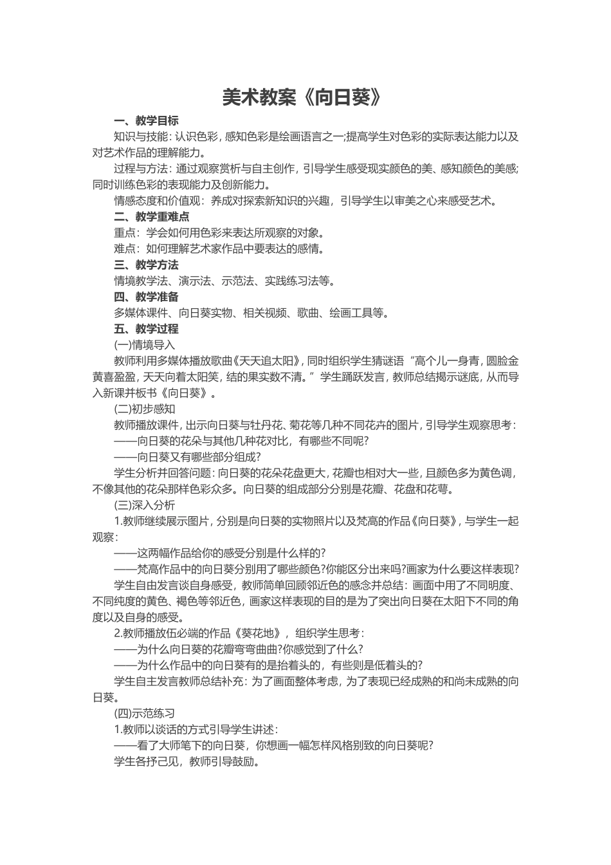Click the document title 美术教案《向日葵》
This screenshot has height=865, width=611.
click(305, 97)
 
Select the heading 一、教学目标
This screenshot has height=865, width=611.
click(146, 120)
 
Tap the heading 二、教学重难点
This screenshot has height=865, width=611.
click(151, 217)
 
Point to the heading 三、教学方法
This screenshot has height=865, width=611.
click(146, 265)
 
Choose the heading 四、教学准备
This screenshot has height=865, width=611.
click(146, 297)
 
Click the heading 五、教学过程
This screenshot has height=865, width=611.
click(146, 329)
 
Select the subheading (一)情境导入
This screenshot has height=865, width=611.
click(144, 345)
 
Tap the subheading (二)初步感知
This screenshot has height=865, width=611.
click(144, 409)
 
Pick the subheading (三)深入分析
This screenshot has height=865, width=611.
click(144, 505)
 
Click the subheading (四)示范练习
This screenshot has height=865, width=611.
click(144, 713)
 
